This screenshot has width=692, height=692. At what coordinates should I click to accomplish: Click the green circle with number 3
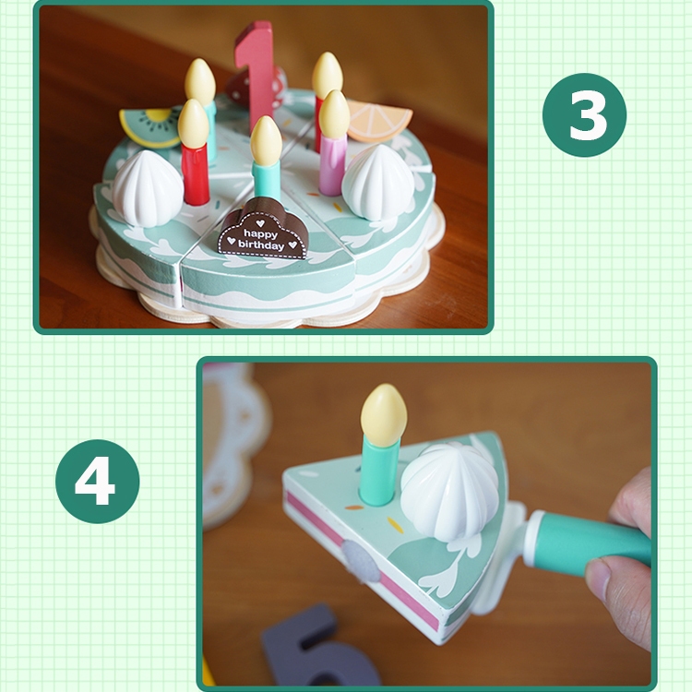point(584,114)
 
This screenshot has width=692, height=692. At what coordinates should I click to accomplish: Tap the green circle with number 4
point(98,482)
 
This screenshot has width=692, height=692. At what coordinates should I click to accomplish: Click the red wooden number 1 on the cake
point(254,71)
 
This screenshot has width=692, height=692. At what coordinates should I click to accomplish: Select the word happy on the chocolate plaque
point(260,233)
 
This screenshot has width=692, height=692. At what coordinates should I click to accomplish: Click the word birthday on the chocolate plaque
point(261,245)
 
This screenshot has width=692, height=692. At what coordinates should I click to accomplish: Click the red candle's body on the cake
point(196,174)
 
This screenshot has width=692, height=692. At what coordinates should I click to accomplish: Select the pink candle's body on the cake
point(332,165)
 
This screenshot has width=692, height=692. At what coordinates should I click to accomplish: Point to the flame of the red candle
point(193,123)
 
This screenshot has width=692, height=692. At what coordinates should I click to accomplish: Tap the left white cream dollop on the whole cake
point(148,188)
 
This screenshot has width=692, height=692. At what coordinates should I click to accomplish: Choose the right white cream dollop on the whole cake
point(378,181)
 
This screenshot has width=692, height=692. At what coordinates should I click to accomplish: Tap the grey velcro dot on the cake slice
point(362,560)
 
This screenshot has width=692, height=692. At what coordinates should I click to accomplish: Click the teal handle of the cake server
point(592,543)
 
